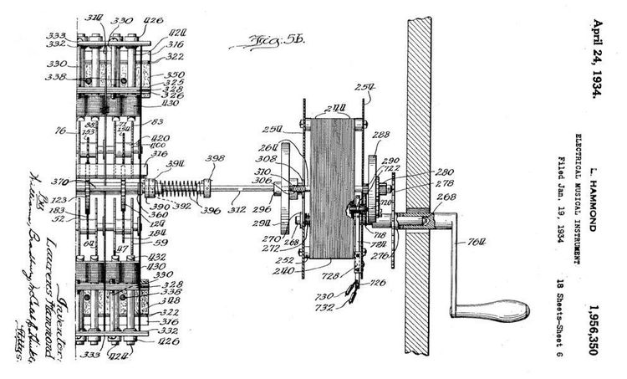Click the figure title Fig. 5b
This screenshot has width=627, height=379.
(x=257, y=39)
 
